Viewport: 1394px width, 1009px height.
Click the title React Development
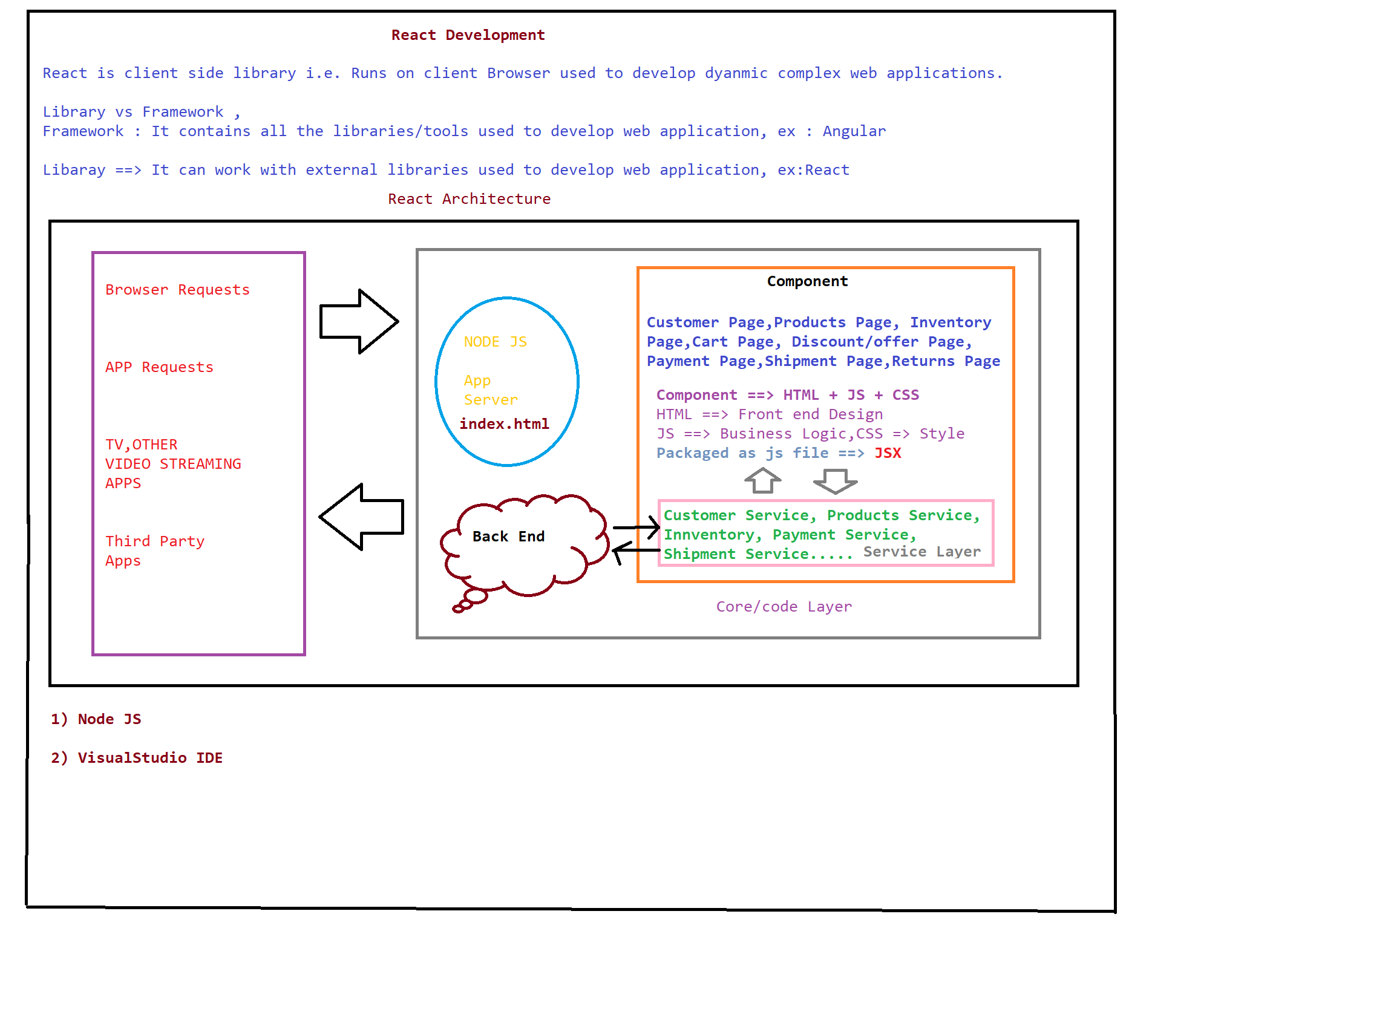click(468, 35)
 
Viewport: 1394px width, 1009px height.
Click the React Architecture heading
click(469, 199)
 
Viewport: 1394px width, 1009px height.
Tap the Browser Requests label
click(178, 290)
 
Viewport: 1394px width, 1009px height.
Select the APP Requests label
click(159, 367)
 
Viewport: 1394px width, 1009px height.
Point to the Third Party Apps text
click(154, 550)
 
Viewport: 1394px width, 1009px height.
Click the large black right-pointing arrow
click(359, 321)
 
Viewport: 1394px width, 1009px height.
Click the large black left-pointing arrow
click(361, 517)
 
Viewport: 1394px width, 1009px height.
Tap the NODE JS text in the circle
click(495, 342)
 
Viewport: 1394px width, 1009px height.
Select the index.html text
click(504, 424)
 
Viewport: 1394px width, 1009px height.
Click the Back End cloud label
click(508, 537)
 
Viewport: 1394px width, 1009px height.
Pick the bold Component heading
click(807, 281)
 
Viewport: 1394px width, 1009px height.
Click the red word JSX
click(888, 453)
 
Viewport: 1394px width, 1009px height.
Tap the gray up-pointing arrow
click(763, 480)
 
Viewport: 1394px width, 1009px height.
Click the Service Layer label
click(922, 552)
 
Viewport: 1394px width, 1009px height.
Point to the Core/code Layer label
click(784, 607)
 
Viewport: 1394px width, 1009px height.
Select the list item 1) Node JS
click(96, 720)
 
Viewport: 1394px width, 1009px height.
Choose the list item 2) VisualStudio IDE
click(137, 759)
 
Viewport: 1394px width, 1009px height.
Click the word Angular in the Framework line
click(854, 131)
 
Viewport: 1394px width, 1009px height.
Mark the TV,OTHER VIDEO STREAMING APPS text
click(172, 464)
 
